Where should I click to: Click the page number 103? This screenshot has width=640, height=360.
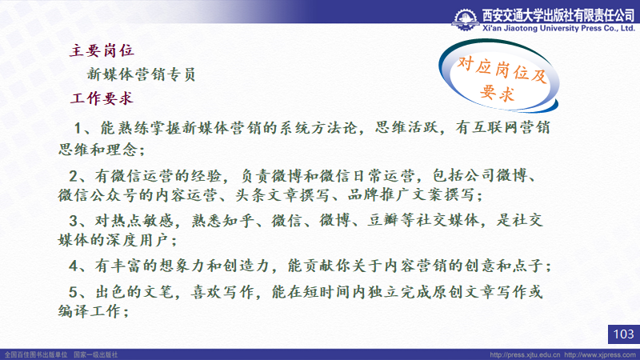(624, 334)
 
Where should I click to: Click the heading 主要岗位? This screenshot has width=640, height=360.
(102, 50)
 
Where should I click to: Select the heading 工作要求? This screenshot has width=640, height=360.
(102, 98)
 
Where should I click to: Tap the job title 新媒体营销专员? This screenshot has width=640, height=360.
(142, 74)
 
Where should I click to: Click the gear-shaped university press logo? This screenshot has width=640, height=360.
(466, 19)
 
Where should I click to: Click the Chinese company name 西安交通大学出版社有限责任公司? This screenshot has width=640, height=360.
(558, 15)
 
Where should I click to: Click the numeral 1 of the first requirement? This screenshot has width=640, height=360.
(78, 128)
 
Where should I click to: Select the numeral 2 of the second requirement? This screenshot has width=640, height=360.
(73, 176)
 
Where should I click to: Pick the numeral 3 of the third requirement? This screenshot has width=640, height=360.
(73, 221)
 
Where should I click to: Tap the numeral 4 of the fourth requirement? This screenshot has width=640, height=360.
(73, 266)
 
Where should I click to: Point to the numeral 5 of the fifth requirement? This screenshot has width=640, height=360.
(73, 292)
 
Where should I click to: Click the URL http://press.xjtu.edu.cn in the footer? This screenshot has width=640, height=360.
(525, 354)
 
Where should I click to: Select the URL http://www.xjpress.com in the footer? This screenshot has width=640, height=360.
(600, 354)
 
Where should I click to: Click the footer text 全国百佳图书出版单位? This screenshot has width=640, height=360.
(36, 354)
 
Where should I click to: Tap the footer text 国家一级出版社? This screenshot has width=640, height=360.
(95, 354)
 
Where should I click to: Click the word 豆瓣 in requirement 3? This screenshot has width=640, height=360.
(383, 221)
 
